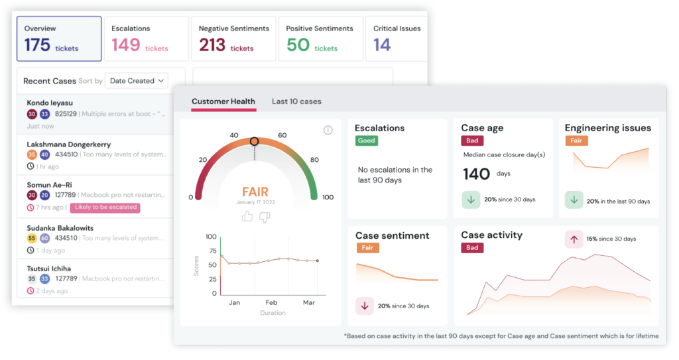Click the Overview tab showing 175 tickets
(x=58, y=38)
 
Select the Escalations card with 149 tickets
(x=146, y=38)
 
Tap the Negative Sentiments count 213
(x=212, y=45)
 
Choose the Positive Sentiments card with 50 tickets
(x=320, y=38)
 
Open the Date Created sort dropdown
(x=137, y=81)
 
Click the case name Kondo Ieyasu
(x=50, y=103)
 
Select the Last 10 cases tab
(x=296, y=101)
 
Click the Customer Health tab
(x=223, y=101)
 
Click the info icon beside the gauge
(x=328, y=130)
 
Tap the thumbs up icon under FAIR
(x=247, y=216)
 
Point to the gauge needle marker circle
(x=254, y=141)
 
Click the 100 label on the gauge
(x=327, y=197)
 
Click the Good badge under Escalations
(x=366, y=141)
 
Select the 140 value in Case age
(x=476, y=174)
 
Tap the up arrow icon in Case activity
(x=573, y=239)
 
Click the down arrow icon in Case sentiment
(x=365, y=306)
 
